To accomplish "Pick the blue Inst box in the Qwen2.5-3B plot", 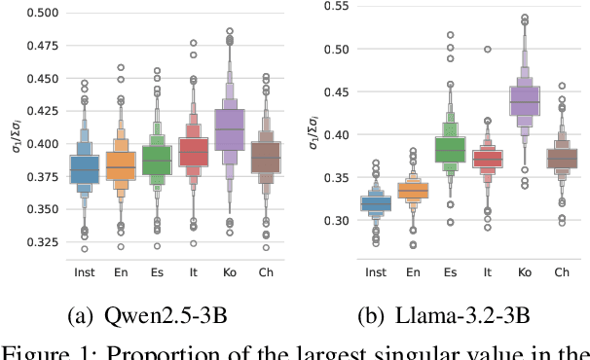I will point(85,168).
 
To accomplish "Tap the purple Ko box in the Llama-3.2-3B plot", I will point(526,102).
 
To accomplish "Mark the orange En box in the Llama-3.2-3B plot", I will point(414,192).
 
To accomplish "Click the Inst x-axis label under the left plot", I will point(85,273).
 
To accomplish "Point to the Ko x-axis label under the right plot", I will point(526,273).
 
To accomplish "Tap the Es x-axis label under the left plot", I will point(158,273).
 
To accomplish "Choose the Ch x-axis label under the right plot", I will point(563,273).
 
